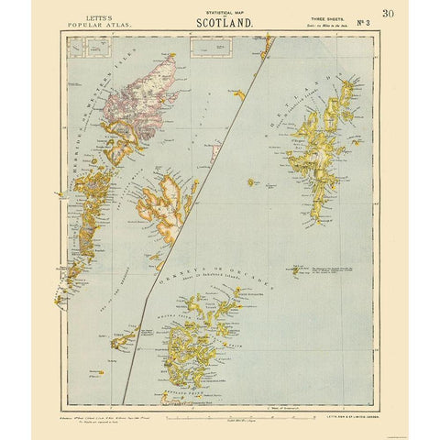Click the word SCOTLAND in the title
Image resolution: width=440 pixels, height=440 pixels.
[x=219, y=20]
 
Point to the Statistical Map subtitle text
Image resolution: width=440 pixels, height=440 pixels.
[x=219, y=9]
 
